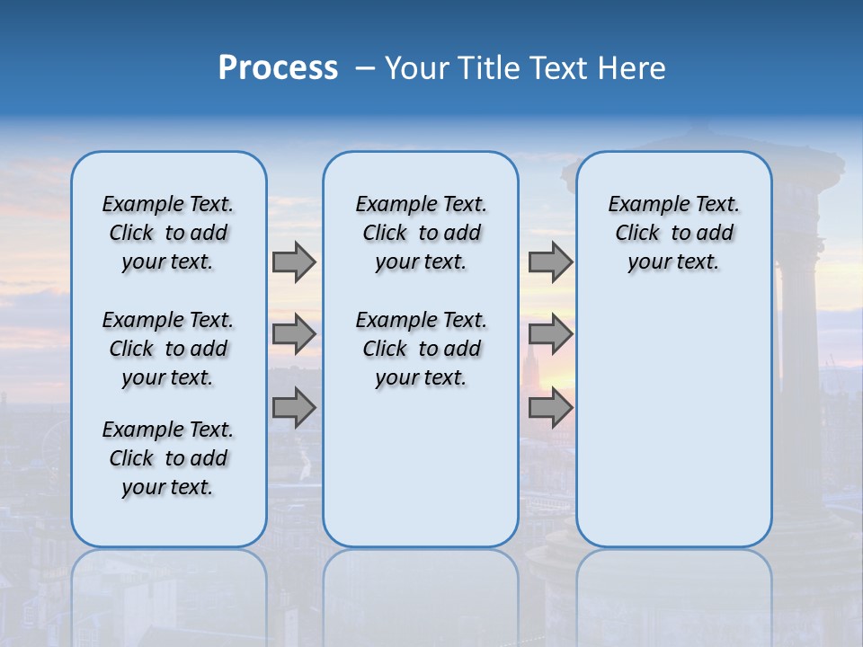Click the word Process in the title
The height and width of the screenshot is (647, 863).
(x=278, y=67)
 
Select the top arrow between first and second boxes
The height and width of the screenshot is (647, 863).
(x=294, y=261)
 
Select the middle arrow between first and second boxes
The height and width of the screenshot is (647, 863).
(x=294, y=334)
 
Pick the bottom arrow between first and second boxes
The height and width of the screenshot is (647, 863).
(x=294, y=408)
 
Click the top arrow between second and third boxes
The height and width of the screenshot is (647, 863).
(x=550, y=261)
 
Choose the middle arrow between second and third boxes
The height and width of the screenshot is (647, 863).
(x=550, y=334)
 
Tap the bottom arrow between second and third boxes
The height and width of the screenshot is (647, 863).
(x=550, y=408)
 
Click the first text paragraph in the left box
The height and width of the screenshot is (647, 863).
(x=168, y=233)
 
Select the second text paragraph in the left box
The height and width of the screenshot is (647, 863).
(x=168, y=349)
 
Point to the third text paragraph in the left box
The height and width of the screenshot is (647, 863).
(x=168, y=458)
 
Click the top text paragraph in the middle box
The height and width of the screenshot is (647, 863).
(x=421, y=233)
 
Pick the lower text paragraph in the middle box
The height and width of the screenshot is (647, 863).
(x=421, y=349)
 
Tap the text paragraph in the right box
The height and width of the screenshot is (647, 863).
(x=673, y=233)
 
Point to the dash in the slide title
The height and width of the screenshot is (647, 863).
(x=365, y=68)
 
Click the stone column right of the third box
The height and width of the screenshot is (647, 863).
(x=799, y=341)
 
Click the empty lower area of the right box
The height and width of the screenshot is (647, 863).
(x=673, y=422)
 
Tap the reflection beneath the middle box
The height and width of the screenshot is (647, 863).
(x=421, y=593)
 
